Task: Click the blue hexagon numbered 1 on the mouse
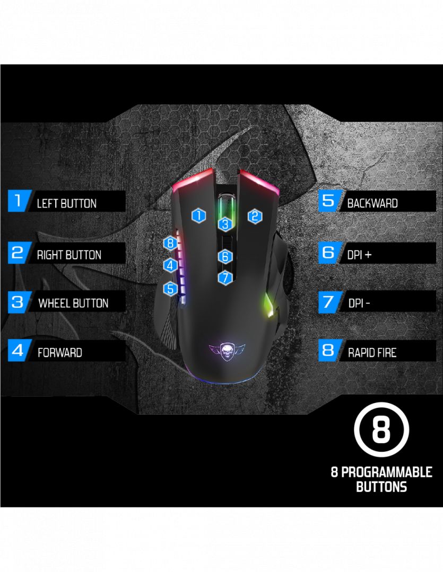tap(198, 215)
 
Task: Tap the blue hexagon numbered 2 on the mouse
tap(255, 216)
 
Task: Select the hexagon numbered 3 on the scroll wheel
tap(225, 224)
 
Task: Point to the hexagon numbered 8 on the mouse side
tap(170, 243)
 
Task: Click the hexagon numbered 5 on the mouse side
tap(170, 289)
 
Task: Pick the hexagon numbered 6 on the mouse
tap(225, 256)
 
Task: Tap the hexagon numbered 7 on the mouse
tap(225, 276)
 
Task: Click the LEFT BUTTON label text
tap(67, 203)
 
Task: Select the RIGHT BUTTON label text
tap(69, 255)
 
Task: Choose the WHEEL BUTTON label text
tap(73, 303)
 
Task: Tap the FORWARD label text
tap(60, 352)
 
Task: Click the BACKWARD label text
tap(372, 203)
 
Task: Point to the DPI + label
tap(360, 255)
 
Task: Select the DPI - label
tap(359, 303)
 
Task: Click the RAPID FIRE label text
tap(372, 352)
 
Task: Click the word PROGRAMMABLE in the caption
tap(386, 472)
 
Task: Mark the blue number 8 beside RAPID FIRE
tap(328, 350)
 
